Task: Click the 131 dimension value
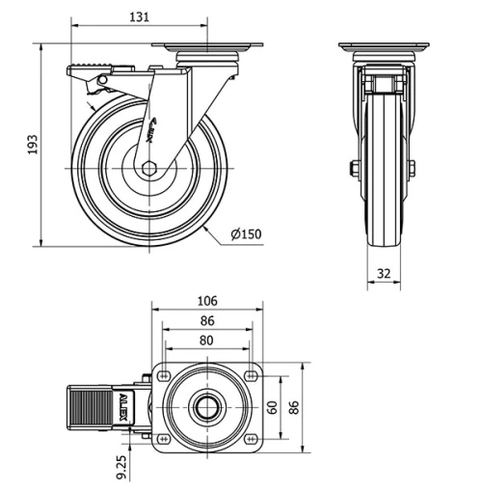click(x=140, y=16)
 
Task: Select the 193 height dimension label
click(x=32, y=145)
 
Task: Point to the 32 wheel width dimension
click(x=384, y=274)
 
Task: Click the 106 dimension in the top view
click(x=207, y=301)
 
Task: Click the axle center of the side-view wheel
click(x=148, y=171)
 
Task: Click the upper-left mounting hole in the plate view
click(x=164, y=375)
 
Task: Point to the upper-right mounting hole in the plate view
click(x=252, y=375)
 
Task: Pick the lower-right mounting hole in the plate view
click(x=252, y=440)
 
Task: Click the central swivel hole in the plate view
click(x=207, y=407)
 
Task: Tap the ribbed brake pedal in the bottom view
click(x=90, y=407)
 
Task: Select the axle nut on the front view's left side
click(x=353, y=171)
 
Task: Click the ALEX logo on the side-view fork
click(x=154, y=129)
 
